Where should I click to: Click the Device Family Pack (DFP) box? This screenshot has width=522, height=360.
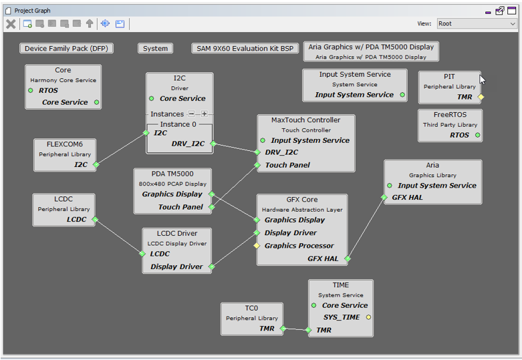[x=66, y=49]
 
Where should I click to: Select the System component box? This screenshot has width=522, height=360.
[x=155, y=49]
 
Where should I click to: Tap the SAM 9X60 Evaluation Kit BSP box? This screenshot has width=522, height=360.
[x=245, y=49]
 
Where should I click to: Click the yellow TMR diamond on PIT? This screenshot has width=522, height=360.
[x=481, y=97]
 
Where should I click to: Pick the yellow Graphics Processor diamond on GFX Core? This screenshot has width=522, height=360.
[x=257, y=246]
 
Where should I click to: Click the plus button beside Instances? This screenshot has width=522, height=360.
[x=205, y=114]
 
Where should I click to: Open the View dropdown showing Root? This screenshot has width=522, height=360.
[x=477, y=23]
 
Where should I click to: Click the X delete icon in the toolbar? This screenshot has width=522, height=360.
[x=11, y=24]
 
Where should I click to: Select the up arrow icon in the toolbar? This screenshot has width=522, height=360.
[x=90, y=23]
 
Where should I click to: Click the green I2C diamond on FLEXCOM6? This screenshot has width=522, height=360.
[x=96, y=164]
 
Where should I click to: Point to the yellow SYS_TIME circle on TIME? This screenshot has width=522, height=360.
[x=368, y=317]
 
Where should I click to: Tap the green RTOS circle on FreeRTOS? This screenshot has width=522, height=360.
[x=478, y=135]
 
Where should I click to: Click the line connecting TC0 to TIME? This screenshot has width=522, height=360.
[x=295, y=329]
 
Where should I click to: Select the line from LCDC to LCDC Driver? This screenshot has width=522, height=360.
[x=119, y=236]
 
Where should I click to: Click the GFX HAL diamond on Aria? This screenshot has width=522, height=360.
[x=384, y=197]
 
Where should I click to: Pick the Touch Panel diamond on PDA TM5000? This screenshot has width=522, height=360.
[x=211, y=207]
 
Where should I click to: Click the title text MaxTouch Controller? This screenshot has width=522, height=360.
[x=305, y=120]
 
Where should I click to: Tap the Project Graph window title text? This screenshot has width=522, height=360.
[x=32, y=11]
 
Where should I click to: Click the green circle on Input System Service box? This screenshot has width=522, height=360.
[x=402, y=95]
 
